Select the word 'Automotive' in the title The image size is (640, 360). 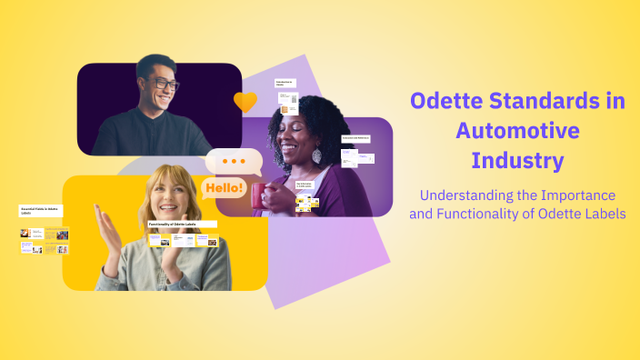517,131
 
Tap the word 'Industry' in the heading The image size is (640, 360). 517,161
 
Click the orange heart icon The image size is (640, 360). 245,102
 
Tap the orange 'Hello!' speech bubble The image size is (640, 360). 224,189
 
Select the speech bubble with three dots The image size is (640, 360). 235,162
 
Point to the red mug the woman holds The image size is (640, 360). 261,193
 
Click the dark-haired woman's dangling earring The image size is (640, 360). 316,155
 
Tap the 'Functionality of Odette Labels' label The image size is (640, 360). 182,224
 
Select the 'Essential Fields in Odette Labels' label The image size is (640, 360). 41,210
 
